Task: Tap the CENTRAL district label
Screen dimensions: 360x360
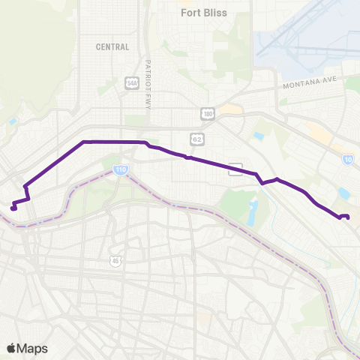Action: point(112,46)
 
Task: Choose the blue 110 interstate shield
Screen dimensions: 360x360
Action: point(121,170)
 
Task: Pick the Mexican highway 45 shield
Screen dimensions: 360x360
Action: point(115,260)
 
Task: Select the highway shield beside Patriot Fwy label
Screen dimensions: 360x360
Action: point(133,82)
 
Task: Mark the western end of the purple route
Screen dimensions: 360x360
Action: point(13,208)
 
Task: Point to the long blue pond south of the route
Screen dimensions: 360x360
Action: point(253,212)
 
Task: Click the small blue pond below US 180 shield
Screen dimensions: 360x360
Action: point(259,136)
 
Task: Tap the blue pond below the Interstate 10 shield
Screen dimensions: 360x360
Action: point(344,193)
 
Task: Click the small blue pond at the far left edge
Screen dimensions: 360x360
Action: point(13,121)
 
